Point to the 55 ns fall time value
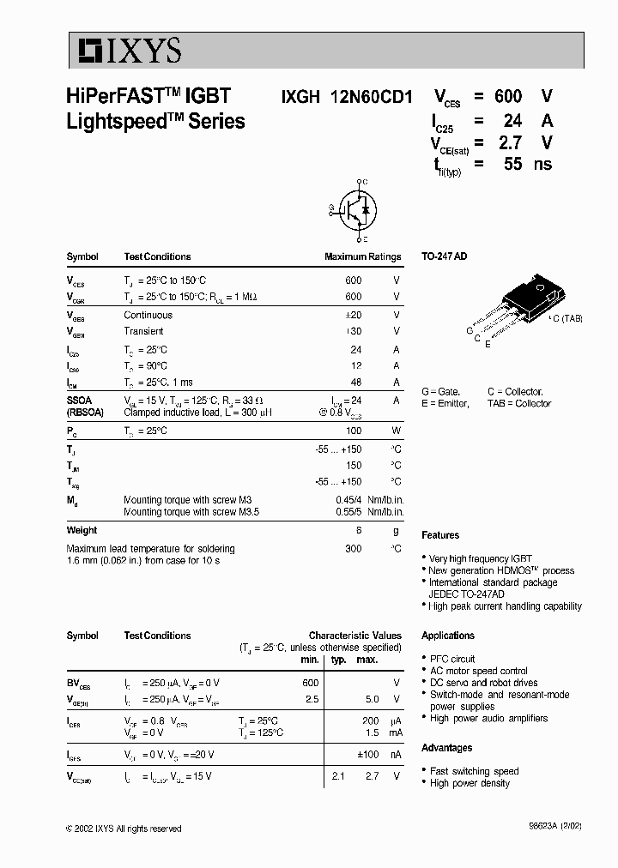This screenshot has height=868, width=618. (512, 164)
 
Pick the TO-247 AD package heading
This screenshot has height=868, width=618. (444, 256)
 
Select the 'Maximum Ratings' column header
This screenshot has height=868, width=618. (362, 256)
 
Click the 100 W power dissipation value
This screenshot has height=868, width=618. (353, 431)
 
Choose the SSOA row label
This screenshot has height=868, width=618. (80, 400)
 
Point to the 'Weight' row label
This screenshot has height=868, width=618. (82, 530)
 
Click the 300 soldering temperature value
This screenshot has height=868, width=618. (353, 548)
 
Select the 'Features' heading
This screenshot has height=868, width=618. (440, 535)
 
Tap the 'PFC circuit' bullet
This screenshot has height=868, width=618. (451, 659)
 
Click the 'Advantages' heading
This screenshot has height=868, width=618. (446, 748)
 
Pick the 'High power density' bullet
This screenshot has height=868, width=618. (470, 783)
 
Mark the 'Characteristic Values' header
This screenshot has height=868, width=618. (354, 636)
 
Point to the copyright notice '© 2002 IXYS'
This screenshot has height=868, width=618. (123, 829)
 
